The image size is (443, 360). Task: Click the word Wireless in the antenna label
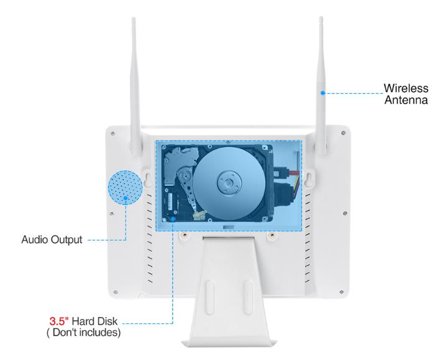pyautogui.click(x=406, y=88)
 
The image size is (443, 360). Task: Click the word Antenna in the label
pyautogui.click(x=406, y=100)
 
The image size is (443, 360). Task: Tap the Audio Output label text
pyautogui.click(x=52, y=239)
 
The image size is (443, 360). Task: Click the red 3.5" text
pyautogui.click(x=59, y=321)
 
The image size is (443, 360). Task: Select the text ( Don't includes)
pyautogui.click(x=84, y=332)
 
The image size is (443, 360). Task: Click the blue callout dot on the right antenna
pyautogui.click(x=322, y=93)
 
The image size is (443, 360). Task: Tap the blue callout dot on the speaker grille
pyautogui.click(x=126, y=198)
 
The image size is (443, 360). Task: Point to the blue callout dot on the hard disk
pyautogui.click(x=173, y=219)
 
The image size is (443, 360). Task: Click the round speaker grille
pyautogui.click(x=125, y=187)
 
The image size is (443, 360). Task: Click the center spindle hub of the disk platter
pyautogui.click(x=229, y=183)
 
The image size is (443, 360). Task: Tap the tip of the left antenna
pyautogui.click(x=134, y=19)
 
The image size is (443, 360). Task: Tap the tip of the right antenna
pyautogui.click(x=321, y=17)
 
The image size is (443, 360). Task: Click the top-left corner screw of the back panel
pyautogui.click(x=113, y=134)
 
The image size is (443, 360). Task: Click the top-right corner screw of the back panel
pyautogui.click(x=343, y=132)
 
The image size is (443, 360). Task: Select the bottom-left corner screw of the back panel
pyautogui.click(x=116, y=292)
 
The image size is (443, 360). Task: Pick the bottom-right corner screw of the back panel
pyautogui.click(x=342, y=292)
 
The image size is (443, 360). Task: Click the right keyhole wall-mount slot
pyautogui.click(x=309, y=178)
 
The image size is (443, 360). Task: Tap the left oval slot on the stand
pyautogui.click(x=209, y=297)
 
